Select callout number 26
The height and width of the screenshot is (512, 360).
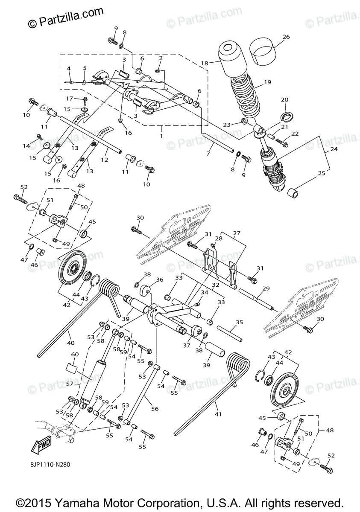(286, 37)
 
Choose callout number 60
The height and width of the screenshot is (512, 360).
(75, 355)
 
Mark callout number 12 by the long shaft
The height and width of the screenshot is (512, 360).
(104, 159)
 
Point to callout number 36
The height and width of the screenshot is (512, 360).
(160, 280)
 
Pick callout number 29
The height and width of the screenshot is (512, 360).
(266, 289)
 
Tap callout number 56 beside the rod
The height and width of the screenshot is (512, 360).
(155, 409)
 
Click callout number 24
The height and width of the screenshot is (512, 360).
(334, 150)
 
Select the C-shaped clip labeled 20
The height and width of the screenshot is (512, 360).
(284, 114)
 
